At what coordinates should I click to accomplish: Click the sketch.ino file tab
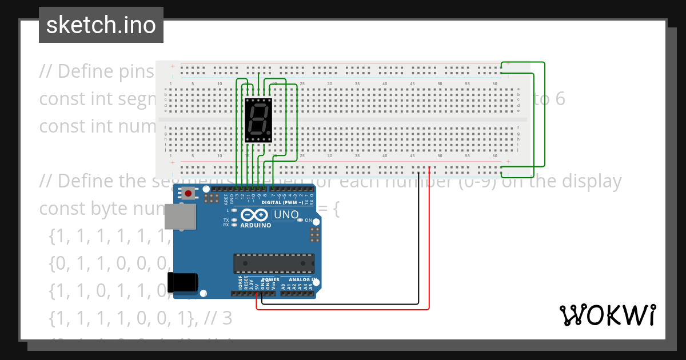pyautogui.click(x=101, y=25)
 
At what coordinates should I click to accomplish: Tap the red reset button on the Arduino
pyautogui.click(x=188, y=194)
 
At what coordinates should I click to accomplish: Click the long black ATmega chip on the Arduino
pyautogui.click(x=274, y=263)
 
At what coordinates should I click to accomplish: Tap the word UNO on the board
pyautogui.click(x=287, y=215)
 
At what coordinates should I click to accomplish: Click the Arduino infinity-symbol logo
pyautogui.click(x=255, y=215)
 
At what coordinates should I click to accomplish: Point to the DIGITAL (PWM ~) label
pyautogui.click(x=282, y=203)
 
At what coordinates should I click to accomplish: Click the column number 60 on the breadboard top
pyautogui.click(x=494, y=84)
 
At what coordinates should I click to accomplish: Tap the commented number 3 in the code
pyautogui.click(x=227, y=319)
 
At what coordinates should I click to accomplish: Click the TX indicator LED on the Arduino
pyautogui.click(x=234, y=220)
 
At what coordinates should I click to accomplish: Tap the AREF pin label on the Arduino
pyautogui.click(x=226, y=199)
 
